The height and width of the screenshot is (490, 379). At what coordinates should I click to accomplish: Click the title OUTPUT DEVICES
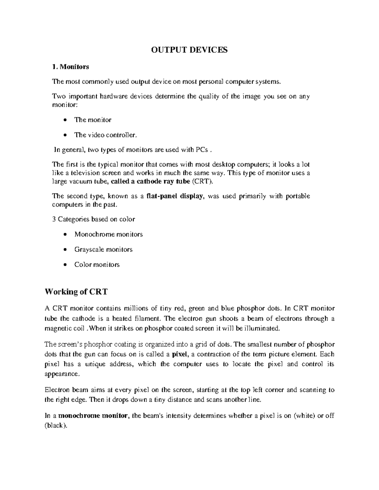(x=189, y=50)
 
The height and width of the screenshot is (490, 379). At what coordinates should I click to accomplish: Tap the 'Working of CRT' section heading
(x=76, y=292)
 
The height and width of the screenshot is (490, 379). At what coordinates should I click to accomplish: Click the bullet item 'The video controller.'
(x=106, y=135)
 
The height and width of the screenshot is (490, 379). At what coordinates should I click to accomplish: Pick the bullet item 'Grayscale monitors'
(x=103, y=250)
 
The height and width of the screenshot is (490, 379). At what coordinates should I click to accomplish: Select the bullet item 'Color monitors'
(x=97, y=265)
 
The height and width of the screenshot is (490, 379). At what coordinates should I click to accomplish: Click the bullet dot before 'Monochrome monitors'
(x=65, y=234)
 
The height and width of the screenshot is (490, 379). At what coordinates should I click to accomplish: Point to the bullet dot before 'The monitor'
(x=65, y=120)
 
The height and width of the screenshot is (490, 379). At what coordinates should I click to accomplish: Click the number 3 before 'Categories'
(x=53, y=219)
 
